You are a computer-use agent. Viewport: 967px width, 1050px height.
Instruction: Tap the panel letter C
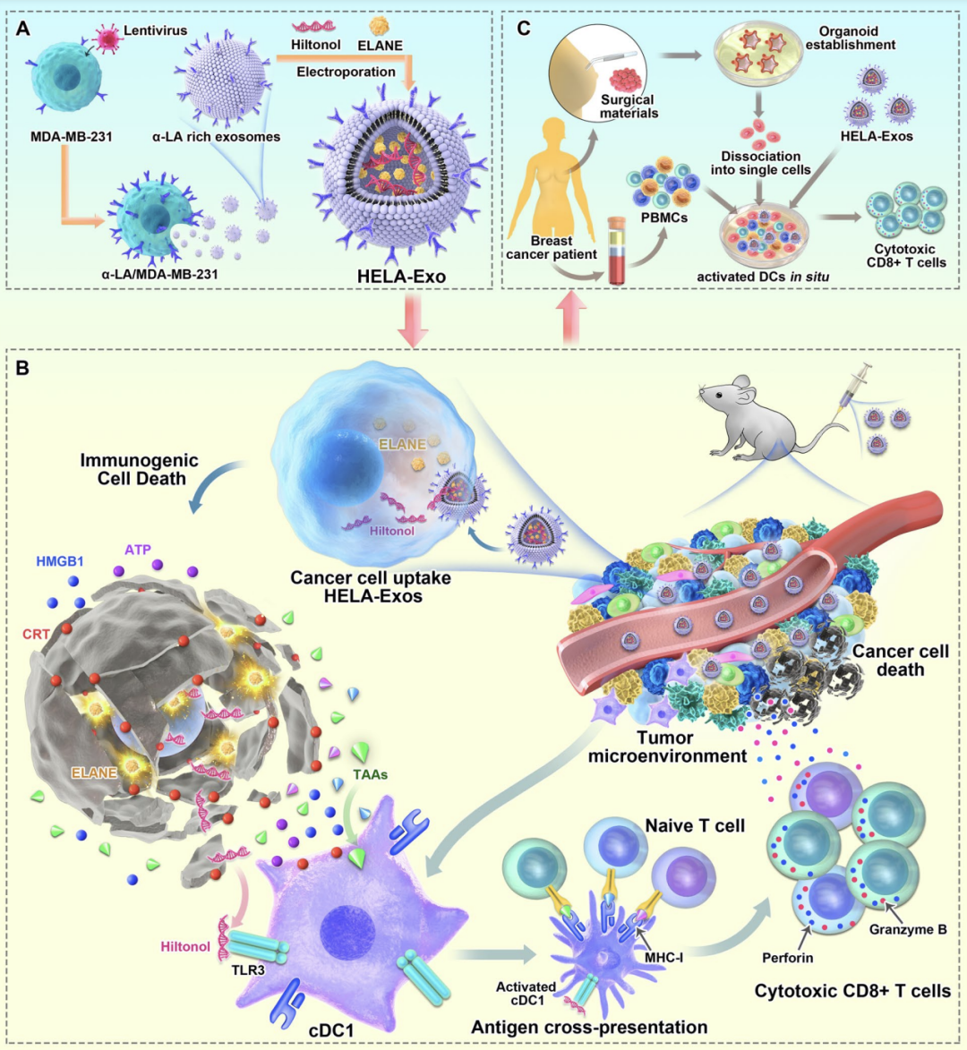click(524, 29)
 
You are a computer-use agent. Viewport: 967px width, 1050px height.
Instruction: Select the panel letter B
click(23, 367)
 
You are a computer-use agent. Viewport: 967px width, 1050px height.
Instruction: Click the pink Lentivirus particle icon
click(107, 38)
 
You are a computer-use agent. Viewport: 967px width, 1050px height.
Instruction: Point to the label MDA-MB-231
click(71, 137)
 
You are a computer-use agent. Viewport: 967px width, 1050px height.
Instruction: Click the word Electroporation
click(346, 72)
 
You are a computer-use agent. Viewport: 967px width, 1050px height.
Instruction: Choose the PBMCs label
click(664, 216)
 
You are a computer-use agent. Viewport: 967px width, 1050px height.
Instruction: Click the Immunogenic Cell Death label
click(140, 470)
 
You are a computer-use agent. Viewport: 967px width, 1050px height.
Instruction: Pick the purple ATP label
click(138, 550)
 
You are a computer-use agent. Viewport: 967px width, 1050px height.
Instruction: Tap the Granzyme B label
click(908, 929)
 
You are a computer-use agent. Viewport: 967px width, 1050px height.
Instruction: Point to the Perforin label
click(788, 958)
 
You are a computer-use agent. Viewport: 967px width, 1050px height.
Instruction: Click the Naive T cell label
click(695, 825)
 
